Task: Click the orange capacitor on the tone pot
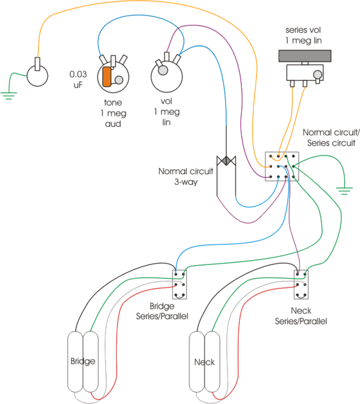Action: [107, 76]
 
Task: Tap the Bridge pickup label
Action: [83, 362]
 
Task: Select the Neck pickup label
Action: [205, 362]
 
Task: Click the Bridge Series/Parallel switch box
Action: [179, 285]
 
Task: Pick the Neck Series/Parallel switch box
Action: [301, 285]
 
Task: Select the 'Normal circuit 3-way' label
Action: [184, 176]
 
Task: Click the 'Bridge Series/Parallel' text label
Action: [162, 311]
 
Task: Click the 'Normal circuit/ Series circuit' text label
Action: [330, 138]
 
